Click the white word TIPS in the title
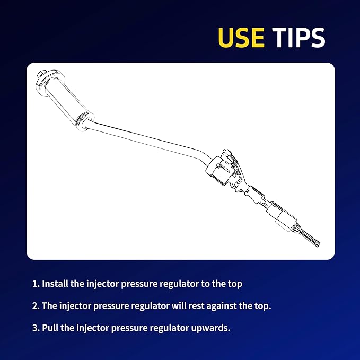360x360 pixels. click(298, 38)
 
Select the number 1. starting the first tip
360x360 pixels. click(36, 284)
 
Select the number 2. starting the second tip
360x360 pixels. click(36, 305)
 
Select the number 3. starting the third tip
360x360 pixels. click(36, 328)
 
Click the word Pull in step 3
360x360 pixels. click(50, 328)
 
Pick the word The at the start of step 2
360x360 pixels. click(50, 305)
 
